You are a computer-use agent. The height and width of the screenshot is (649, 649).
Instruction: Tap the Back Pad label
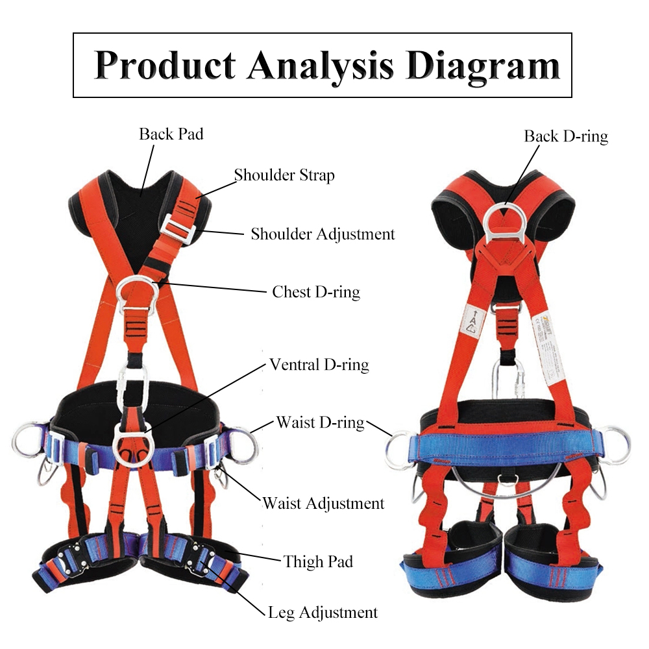pyautogui.click(x=171, y=134)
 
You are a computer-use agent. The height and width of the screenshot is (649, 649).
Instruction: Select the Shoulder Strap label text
pyautogui.click(x=284, y=175)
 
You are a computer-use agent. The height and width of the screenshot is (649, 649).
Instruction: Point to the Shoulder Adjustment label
pyautogui.click(x=323, y=234)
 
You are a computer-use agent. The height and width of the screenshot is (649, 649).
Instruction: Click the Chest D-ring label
pyautogui.click(x=316, y=291)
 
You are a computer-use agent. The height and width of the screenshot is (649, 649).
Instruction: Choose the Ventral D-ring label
pyautogui.click(x=319, y=365)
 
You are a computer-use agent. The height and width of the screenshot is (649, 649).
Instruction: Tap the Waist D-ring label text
pyautogui.click(x=320, y=422)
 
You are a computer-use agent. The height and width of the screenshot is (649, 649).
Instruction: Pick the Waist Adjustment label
pyautogui.click(x=323, y=503)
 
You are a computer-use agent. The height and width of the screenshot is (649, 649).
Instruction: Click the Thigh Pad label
pyautogui.click(x=318, y=561)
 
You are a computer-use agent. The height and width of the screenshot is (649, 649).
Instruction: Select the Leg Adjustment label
pyautogui.click(x=323, y=612)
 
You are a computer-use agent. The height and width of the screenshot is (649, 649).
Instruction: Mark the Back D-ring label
pyautogui.click(x=566, y=136)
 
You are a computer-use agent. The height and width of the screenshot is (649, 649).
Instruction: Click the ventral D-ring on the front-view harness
pyautogui.click(x=132, y=441)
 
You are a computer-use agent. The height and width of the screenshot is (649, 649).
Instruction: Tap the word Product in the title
pyautogui.click(x=165, y=65)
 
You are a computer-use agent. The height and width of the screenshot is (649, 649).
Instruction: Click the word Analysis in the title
pyautogui.click(x=320, y=65)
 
